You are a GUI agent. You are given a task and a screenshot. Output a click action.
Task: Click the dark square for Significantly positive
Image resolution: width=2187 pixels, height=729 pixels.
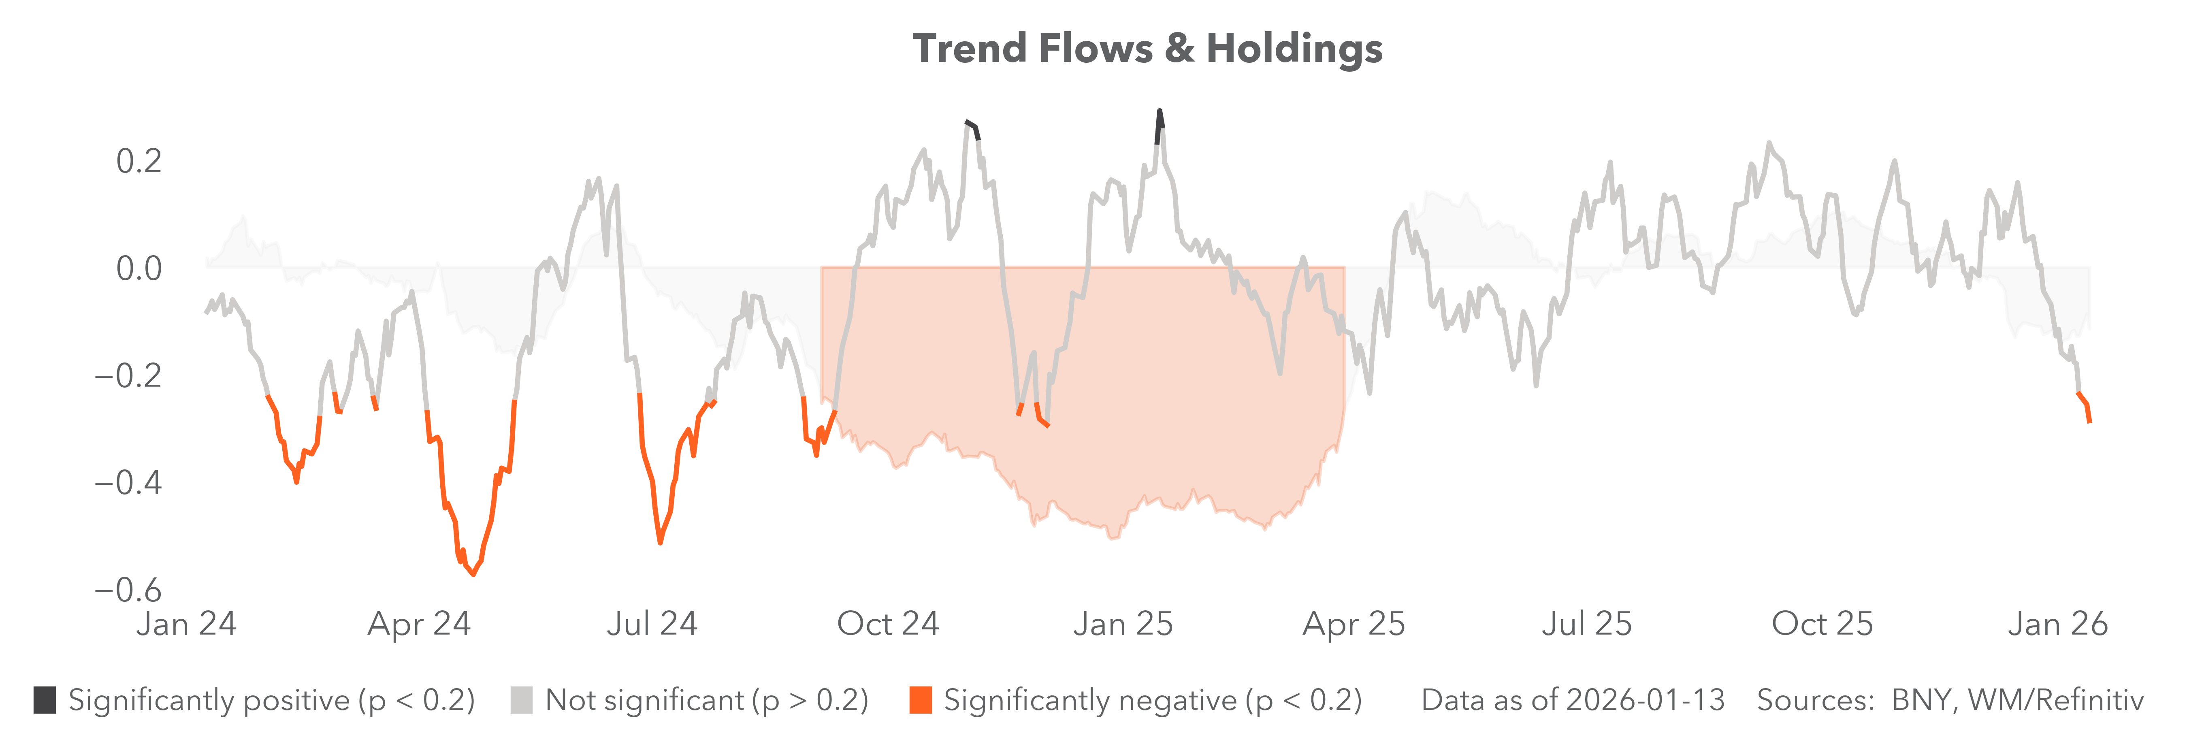(45, 700)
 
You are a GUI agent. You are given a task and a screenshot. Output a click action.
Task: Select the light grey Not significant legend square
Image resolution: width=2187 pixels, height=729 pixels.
(521, 700)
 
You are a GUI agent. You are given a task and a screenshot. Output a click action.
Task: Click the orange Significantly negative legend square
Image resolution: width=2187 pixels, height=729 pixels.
(920, 700)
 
